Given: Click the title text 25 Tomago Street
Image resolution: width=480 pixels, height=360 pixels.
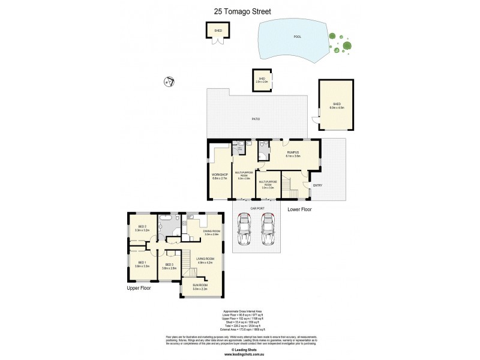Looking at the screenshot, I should pyautogui.click(x=239, y=10).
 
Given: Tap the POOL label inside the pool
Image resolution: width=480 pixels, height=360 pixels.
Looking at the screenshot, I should pyautogui.click(x=296, y=37).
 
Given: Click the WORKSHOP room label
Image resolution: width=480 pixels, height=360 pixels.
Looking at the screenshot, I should pyautogui.click(x=220, y=175).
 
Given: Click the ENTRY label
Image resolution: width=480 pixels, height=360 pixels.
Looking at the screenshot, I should pyautogui.click(x=317, y=185).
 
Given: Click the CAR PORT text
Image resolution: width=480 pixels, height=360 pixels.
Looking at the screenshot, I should pyautogui.click(x=257, y=209).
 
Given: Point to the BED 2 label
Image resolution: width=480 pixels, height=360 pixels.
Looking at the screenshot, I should pyautogui.click(x=142, y=227).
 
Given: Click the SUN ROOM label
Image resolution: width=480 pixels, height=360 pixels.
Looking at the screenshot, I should pyautogui.click(x=199, y=287).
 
